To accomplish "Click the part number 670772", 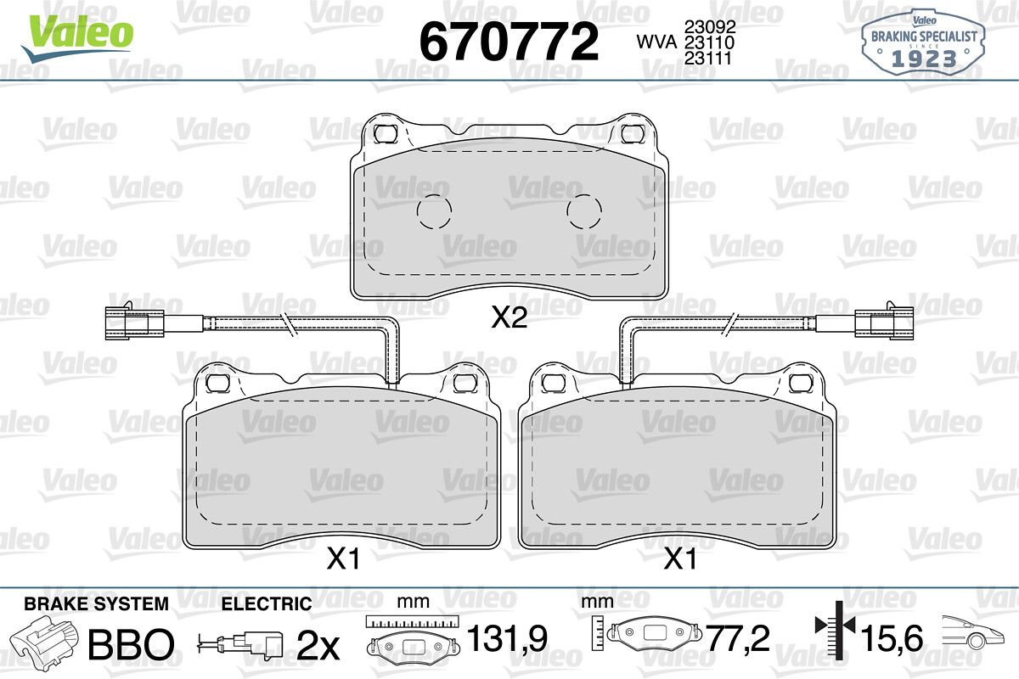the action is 509,42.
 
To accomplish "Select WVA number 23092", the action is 710,27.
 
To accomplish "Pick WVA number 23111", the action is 708,59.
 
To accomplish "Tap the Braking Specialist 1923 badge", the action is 924,42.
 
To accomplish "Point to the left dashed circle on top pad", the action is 434,211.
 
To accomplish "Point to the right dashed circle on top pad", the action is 584,211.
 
